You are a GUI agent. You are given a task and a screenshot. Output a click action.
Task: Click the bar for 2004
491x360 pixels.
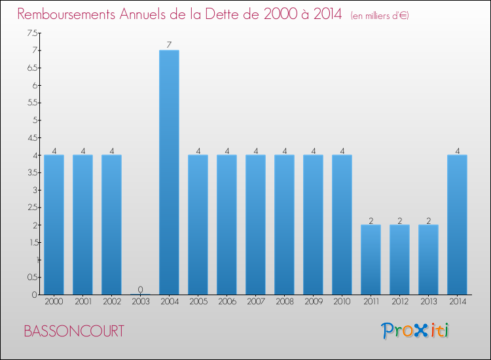169,172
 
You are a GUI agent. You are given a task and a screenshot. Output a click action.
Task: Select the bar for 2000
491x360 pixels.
54,225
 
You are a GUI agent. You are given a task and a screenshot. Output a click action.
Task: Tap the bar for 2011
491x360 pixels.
371,259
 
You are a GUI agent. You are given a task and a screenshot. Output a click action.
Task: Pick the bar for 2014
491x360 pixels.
457,225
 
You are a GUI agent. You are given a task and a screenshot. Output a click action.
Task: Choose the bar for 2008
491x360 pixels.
284,225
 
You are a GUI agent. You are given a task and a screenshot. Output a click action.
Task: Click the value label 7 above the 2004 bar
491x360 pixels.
169,45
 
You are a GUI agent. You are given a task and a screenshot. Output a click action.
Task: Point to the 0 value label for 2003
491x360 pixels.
140,289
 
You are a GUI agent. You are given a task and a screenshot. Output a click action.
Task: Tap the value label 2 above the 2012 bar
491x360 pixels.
399,220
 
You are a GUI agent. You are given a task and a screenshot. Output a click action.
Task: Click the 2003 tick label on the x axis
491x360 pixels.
140,302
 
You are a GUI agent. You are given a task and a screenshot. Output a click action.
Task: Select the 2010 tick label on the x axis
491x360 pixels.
342,302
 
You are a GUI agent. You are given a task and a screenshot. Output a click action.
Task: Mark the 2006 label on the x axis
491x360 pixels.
227,302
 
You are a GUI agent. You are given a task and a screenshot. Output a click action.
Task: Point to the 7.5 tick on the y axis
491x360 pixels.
32,33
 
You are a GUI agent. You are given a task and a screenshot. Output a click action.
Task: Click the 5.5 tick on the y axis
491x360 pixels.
32,103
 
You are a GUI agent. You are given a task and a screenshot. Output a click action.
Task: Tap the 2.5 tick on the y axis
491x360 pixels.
32,207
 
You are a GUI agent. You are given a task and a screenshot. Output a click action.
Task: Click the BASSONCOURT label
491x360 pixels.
73,331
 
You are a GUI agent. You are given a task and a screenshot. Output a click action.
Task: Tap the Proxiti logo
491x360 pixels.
415,331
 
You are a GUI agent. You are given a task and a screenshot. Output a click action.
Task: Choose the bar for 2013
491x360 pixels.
428,259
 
